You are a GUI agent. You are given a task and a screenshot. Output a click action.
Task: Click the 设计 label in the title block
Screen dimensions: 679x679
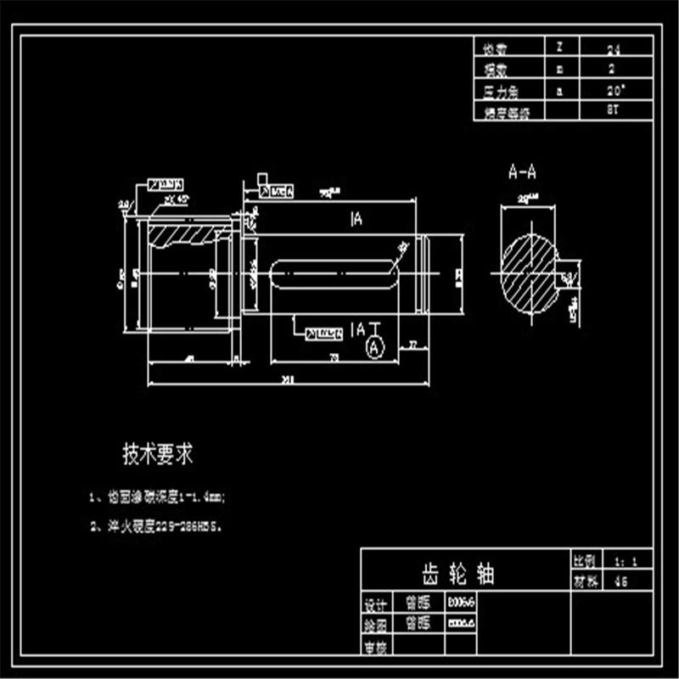[x=375, y=605]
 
